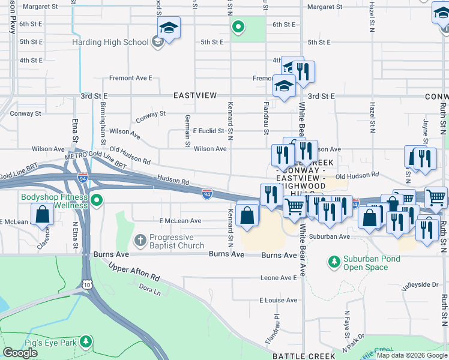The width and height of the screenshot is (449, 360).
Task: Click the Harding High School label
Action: pos(110,42)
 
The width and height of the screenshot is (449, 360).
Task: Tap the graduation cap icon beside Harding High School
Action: pos(169,28)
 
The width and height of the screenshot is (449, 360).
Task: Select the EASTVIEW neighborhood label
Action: pos(191,95)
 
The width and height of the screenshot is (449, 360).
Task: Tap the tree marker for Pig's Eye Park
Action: pos(86,341)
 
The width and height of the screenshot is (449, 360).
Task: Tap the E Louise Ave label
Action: pos(278,300)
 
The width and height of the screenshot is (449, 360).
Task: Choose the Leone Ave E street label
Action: pos(279,278)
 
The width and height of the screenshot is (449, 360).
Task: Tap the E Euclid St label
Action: pos(208,131)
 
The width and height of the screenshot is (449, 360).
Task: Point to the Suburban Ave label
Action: pos(328,236)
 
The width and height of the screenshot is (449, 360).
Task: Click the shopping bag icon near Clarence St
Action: pos(41,214)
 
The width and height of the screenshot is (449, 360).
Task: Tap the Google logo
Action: pos(20,353)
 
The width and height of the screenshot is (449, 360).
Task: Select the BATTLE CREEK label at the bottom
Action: pos(300,356)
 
